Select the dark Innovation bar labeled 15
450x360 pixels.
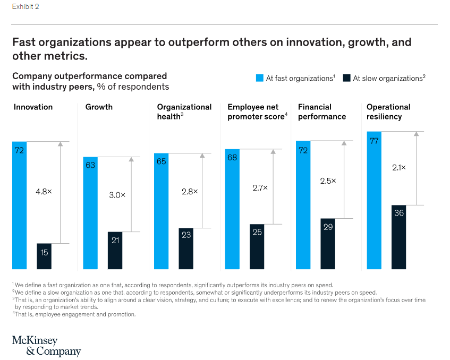[44, 256]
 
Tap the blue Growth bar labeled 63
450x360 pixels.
[90, 213]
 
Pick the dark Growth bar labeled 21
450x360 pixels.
[115, 251]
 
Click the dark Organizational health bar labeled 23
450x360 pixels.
[186, 248]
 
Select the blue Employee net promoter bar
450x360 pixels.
[232, 209]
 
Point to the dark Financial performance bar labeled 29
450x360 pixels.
[328, 244]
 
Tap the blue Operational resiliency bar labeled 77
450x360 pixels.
[374, 200]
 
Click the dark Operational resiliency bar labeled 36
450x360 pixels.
[398, 237]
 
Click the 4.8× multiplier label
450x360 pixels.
[44, 191]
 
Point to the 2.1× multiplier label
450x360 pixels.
[398, 167]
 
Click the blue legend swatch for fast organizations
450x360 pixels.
[259, 78]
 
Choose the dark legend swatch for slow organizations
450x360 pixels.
[346, 78]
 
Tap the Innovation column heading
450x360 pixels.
[33, 107]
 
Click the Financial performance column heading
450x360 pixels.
[322, 112]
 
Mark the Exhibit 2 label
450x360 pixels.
[26, 7]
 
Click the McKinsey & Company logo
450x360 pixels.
[46, 346]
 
